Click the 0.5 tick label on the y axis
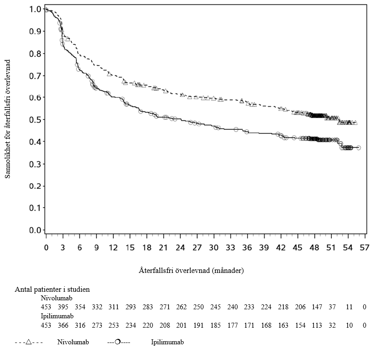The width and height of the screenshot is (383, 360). (x=35, y=120)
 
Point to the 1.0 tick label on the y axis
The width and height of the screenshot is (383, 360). (x=35, y=9)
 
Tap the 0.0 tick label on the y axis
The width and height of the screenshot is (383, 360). (x=35, y=230)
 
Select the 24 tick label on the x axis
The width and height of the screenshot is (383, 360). (x=180, y=248)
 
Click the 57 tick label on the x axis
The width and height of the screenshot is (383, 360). (x=365, y=248)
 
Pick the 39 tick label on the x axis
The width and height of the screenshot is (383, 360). (x=264, y=248)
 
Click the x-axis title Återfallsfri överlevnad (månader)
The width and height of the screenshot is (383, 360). (x=191, y=271)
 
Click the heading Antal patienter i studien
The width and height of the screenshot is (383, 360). (x=52, y=290)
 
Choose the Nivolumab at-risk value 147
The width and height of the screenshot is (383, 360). (x=317, y=307)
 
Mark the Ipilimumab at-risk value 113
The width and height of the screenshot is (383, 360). (x=317, y=325)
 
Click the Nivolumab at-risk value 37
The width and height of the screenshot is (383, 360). (x=332, y=307)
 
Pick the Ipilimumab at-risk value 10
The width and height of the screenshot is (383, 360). (x=349, y=325)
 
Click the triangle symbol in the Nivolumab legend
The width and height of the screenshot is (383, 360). (x=28, y=342)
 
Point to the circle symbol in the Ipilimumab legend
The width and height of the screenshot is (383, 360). (x=117, y=342)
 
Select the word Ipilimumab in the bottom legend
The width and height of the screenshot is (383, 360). (x=167, y=342)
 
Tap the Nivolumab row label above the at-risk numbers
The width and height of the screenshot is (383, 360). (x=57, y=298)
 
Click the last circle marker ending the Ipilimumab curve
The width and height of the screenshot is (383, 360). (x=358, y=148)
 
